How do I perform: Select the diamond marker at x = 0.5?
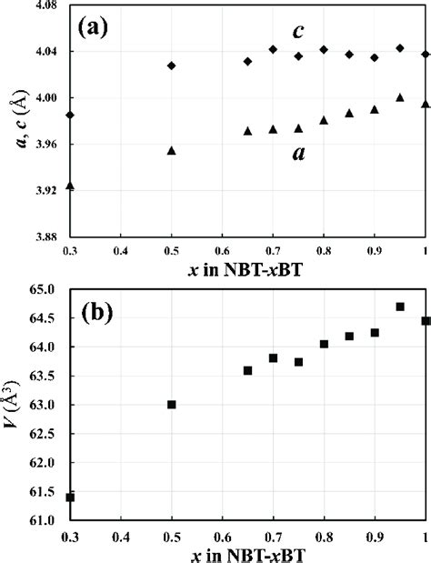pos(171,65)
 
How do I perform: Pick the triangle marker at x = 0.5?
pos(171,150)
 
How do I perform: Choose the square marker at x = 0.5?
pos(171,405)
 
